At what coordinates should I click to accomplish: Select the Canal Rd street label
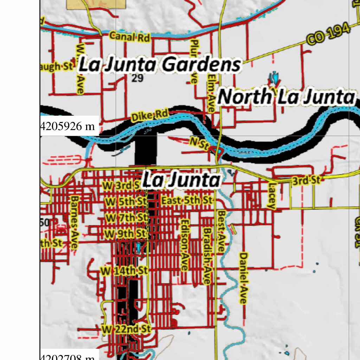129,37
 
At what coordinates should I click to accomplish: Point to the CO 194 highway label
329,34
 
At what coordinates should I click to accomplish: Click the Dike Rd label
149,115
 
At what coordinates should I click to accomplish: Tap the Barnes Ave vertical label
74,222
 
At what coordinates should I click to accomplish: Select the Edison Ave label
184,245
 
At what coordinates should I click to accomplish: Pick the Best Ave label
221,230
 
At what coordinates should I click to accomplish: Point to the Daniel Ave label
243,278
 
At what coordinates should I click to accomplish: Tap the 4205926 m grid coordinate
68,126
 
